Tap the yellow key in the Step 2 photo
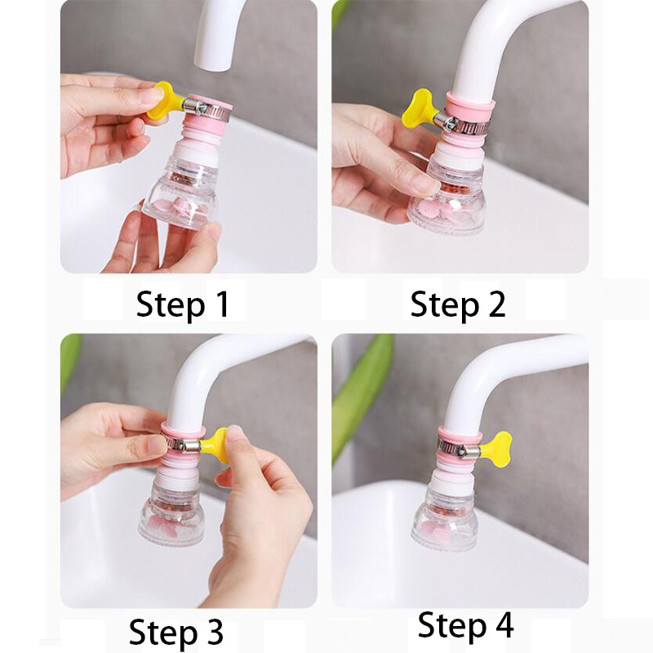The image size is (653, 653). tap(420, 108)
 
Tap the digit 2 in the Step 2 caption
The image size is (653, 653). tap(496, 304)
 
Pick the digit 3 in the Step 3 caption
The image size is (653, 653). tap(214, 630)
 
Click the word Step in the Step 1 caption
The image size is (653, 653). tap(171, 305)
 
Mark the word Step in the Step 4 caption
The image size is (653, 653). tap(452, 626)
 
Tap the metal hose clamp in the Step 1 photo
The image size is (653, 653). tap(207, 109)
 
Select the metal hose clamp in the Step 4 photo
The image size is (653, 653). tap(458, 446)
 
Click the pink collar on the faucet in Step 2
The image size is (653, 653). tap(471, 104)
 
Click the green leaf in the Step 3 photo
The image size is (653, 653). tap(70, 362)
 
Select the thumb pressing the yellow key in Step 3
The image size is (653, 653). tap(239, 442)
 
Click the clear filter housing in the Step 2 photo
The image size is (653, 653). tap(446, 199)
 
